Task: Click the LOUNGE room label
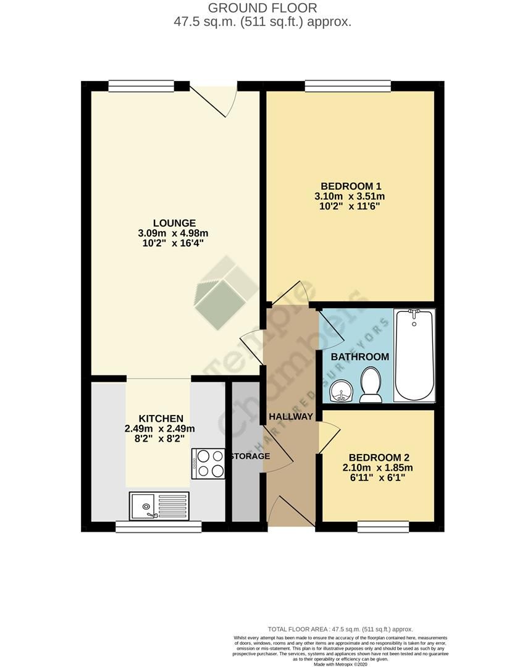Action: pyautogui.click(x=175, y=223)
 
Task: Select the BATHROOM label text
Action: pyautogui.click(x=359, y=356)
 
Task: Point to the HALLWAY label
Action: pyautogui.click(x=291, y=416)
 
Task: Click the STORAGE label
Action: pyautogui.click(x=251, y=456)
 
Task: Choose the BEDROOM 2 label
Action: pyautogui.click(x=379, y=458)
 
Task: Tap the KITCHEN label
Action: pyautogui.click(x=161, y=418)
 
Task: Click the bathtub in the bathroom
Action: pyautogui.click(x=414, y=354)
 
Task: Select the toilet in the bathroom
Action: pyautogui.click(x=371, y=385)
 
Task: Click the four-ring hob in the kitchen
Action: pyautogui.click(x=209, y=463)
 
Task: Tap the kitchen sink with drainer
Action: pyautogui.click(x=159, y=506)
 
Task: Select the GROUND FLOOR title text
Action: pyautogui.click(x=262, y=8)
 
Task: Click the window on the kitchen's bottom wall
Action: pyautogui.click(x=159, y=526)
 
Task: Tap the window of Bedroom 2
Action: pyautogui.click(x=384, y=526)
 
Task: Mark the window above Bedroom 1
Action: pyautogui.click(x=348, y=86)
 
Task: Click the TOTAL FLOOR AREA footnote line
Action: pyautogui.click(x=340, y=629)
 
